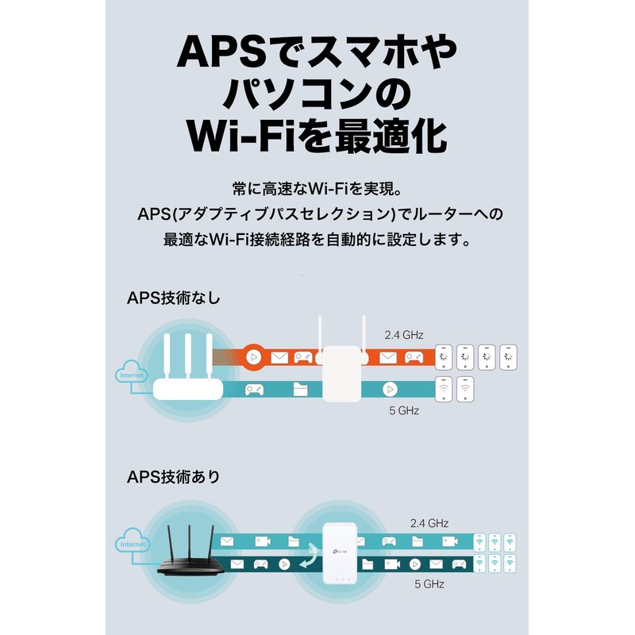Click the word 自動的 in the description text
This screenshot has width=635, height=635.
click(x=347, y=238)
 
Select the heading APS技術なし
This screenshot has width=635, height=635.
click(x=173, y=298)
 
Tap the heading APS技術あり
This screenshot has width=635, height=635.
click(x=173, y=477)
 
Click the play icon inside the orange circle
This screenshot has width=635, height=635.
click(x=252, y=357)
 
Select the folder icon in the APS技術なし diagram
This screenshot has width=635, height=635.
click(x=300, y=390)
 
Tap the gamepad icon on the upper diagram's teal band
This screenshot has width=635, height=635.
click(x=256, y=390)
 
